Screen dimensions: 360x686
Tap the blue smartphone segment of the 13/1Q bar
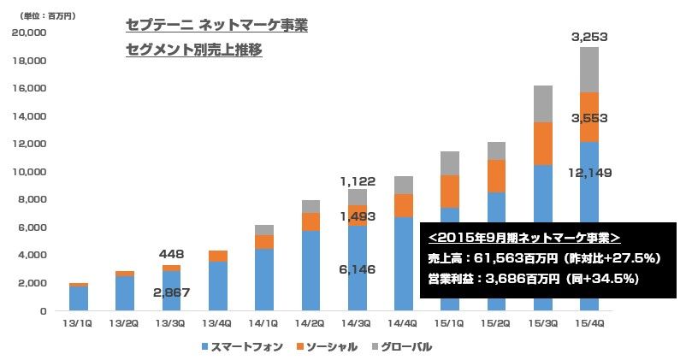[79, 298]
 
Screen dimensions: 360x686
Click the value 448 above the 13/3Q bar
[171, 254]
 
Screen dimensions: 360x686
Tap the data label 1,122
[357, 181]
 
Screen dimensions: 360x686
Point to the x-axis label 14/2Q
[310, 322]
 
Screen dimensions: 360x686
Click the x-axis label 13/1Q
[79, 322]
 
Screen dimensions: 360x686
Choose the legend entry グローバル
[401, 347]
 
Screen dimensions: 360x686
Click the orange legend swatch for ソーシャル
[301, 347]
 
